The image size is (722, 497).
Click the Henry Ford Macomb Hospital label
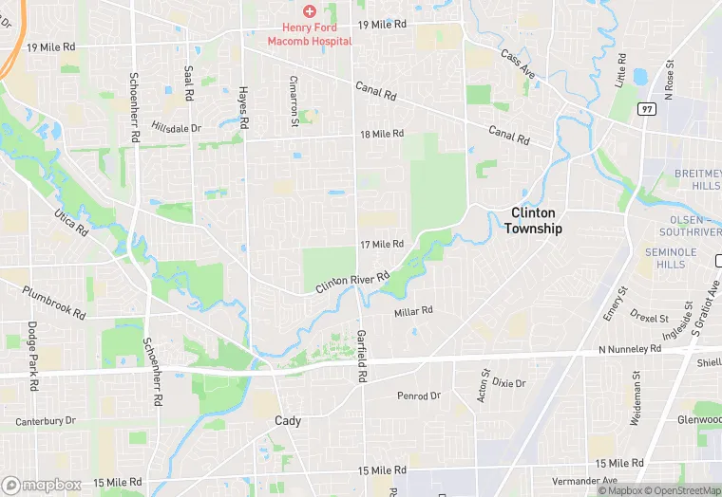pos(310,34)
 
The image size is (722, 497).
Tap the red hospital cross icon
pos(309,10)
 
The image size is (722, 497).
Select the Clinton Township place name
pos(533,221)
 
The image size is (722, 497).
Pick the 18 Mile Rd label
pos(382,134)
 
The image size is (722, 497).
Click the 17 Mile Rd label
pos(382,245)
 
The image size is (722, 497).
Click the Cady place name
pos(287,420)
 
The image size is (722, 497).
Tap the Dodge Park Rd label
pos(32,356)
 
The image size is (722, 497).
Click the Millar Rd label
pos(413,310)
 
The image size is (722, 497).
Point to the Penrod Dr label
pos(419,396)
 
